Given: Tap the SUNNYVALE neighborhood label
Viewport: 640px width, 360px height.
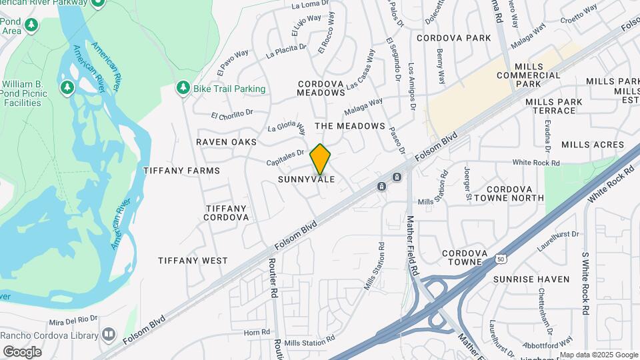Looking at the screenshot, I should [306, 180].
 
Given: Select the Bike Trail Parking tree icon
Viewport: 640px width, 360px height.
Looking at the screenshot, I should [183, 89].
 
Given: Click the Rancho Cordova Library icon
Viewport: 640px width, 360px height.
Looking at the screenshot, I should [109, 334].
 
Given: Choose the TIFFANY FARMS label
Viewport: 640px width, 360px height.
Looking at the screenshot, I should [181, 171].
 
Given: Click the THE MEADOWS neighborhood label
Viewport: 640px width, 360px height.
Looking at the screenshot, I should [350, 126].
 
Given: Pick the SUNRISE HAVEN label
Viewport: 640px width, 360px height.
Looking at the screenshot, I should [531, 279].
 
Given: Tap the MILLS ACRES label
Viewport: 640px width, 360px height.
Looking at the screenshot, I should [593, 145].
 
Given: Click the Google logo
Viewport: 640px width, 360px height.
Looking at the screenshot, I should [22, 351].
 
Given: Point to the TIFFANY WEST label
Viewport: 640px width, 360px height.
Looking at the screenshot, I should [193, 261].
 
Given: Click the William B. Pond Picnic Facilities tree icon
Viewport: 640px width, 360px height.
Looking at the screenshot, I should [66, 87].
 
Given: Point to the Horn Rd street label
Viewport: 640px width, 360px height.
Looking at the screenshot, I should [257, 332].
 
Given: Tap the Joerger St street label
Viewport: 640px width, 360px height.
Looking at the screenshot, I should [468, 183].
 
